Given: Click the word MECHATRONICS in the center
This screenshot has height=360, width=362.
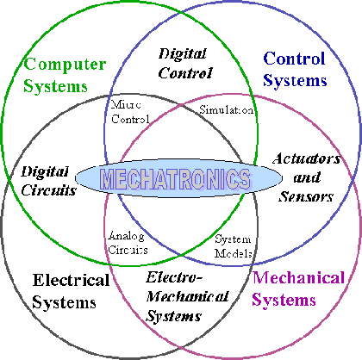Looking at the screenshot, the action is pos(176,178).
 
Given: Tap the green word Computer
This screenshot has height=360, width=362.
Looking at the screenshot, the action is pos(65,65).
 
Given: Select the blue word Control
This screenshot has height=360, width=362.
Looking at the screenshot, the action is pos(294,59).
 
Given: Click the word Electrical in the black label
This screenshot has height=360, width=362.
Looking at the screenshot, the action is pos(71,280).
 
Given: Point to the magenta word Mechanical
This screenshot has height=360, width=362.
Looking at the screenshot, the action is pos(298,278).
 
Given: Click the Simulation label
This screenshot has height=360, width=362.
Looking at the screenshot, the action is pos(227,109).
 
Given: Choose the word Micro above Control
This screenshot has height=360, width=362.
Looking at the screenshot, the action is pos(126,104).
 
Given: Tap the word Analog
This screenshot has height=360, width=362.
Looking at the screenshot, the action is pos(127,236).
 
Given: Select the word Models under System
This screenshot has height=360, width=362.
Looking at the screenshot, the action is pos(234,253).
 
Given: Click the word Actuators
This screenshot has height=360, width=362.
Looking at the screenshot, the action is pos(306,158).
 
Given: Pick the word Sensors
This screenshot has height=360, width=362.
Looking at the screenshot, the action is pos(306,196).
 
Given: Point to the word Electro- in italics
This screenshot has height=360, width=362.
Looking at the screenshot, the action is pos(174,277).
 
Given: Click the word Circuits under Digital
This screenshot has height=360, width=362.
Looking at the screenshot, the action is pos(49,190).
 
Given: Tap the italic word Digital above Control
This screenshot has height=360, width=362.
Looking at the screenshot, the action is pos(182,54).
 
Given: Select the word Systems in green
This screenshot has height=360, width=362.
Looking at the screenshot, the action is pos(55,86).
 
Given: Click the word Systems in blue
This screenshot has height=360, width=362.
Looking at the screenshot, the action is pos(295,81).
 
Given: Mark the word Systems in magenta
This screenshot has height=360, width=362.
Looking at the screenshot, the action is pos(284,301).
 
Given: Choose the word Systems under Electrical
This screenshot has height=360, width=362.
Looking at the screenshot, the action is pos(64,302).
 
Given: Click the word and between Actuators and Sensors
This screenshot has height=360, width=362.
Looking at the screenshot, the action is pos(307,177).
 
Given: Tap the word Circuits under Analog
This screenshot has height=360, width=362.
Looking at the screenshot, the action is pos(128,250).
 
